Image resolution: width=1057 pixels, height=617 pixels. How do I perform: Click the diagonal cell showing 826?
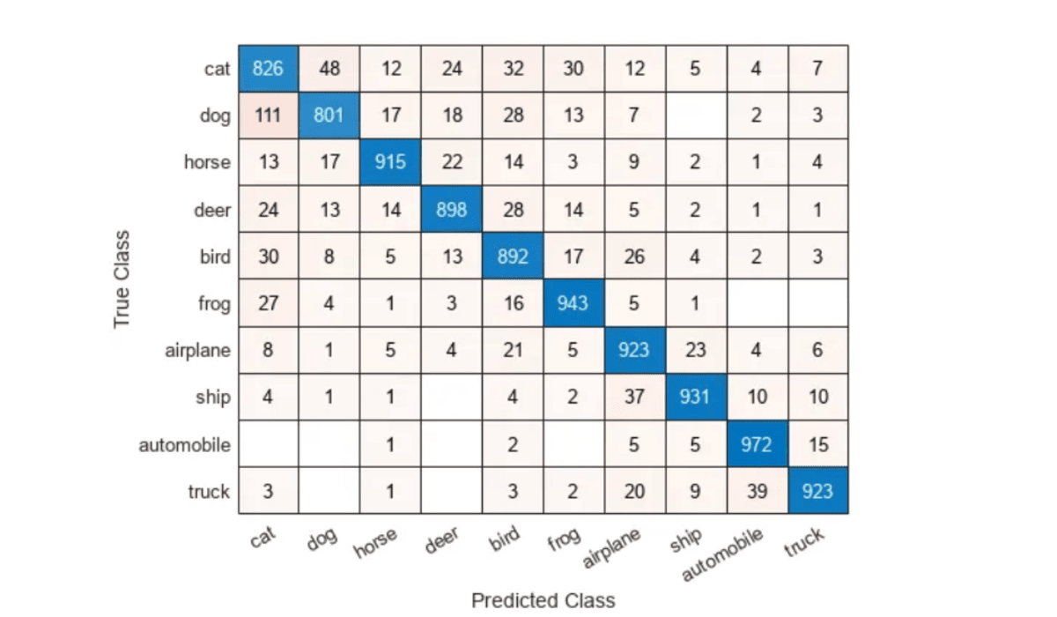pos(268,69)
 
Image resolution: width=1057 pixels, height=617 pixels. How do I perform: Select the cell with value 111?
pos(268,115)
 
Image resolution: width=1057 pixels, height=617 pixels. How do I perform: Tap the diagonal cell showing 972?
pos(756,444)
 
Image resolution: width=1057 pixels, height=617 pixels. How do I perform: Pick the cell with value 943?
pos(573,303)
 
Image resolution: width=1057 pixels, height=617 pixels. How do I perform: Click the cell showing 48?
pos(329,69)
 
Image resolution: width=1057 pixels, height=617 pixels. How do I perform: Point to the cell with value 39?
pos(756,491)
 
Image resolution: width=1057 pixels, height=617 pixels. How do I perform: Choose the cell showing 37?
pos(634,398)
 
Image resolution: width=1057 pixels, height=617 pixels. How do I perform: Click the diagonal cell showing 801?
pos(329,115)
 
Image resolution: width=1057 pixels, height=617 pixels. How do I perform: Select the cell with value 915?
pos(390,162)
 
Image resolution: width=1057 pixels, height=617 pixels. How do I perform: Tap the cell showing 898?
pos(451,210)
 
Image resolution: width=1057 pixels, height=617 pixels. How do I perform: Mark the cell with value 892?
pos(513,256)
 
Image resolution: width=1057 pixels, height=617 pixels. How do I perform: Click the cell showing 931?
pos(695,398)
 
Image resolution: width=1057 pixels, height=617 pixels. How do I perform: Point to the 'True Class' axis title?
pos(122,279)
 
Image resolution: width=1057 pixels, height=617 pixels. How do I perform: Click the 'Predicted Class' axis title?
pos(543,600)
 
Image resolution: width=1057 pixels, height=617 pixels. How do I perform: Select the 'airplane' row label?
pos(197,351)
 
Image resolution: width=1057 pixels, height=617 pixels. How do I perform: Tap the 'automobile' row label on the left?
pos(184,445)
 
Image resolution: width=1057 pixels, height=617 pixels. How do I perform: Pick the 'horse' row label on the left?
pos(207,163)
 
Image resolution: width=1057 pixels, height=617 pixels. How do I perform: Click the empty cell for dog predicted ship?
pos(695,115)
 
